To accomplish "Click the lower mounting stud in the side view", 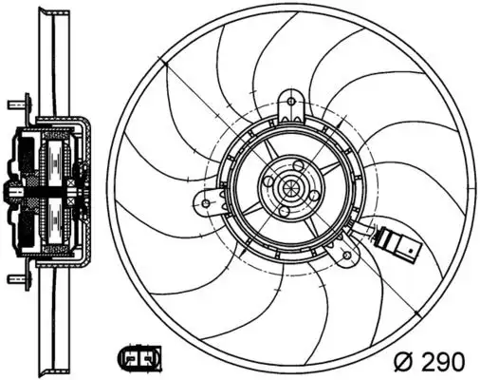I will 16,279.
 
